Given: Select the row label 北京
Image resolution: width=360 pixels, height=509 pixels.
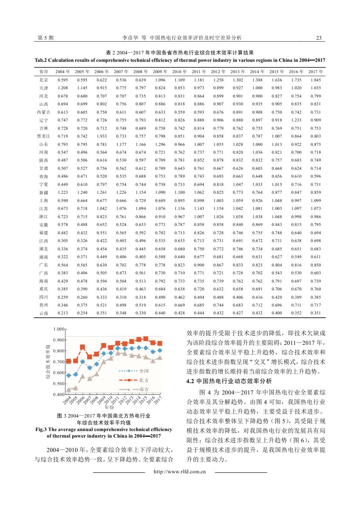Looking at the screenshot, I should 44,80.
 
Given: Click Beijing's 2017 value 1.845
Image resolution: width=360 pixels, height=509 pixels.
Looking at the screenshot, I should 316,80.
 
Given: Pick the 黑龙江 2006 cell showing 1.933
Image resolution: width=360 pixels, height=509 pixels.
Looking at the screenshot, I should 102,136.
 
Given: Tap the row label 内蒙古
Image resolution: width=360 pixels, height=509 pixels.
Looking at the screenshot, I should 44,112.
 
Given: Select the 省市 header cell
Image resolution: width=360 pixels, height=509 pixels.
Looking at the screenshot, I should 44,71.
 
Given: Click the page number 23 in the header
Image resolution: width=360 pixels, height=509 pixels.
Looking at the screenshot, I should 319,38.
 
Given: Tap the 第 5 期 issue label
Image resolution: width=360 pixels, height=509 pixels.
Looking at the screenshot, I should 46,38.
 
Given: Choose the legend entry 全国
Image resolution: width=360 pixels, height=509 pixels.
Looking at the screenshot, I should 144,371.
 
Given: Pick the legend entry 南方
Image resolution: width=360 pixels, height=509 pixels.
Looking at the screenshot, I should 144,389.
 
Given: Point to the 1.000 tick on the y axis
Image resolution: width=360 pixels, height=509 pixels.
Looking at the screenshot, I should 59,329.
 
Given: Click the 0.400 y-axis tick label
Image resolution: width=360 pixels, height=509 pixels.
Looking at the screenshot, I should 59,394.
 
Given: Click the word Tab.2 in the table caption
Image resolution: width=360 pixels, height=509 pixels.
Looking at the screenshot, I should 43,60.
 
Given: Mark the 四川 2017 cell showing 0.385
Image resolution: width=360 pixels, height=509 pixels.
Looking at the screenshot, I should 316,297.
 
